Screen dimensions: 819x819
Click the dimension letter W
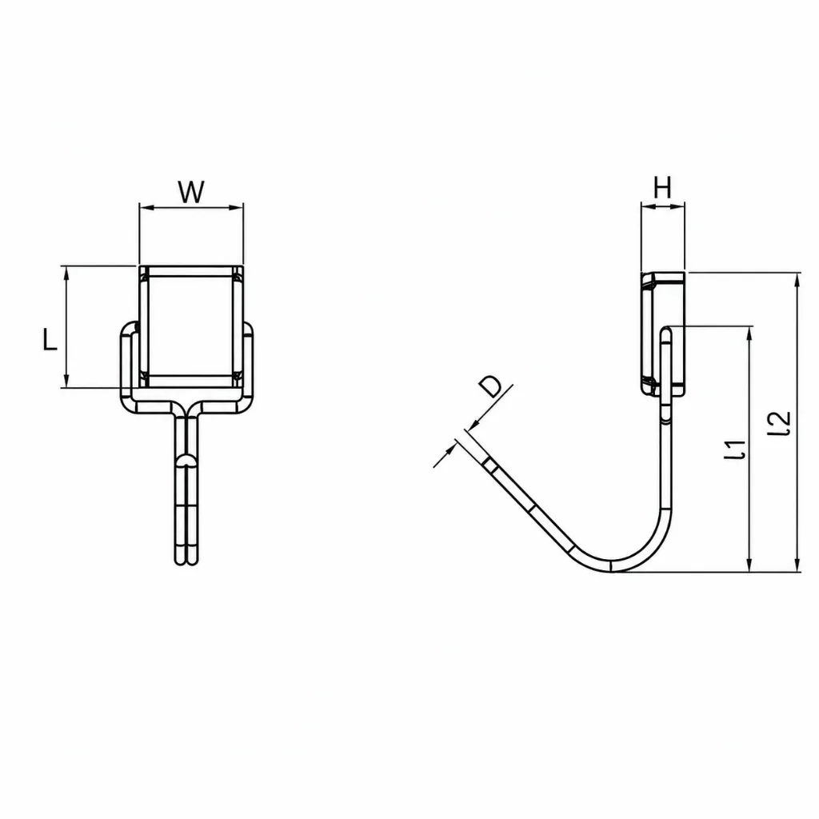[191, 192]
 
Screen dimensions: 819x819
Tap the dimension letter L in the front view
[50, 339]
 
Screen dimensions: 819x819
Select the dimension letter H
[662, 187]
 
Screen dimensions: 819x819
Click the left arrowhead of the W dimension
[146, 207]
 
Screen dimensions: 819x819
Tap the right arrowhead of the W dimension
[237, 207]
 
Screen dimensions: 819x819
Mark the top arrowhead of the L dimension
[66, 272]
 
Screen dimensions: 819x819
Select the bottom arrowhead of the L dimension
[66, 382]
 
